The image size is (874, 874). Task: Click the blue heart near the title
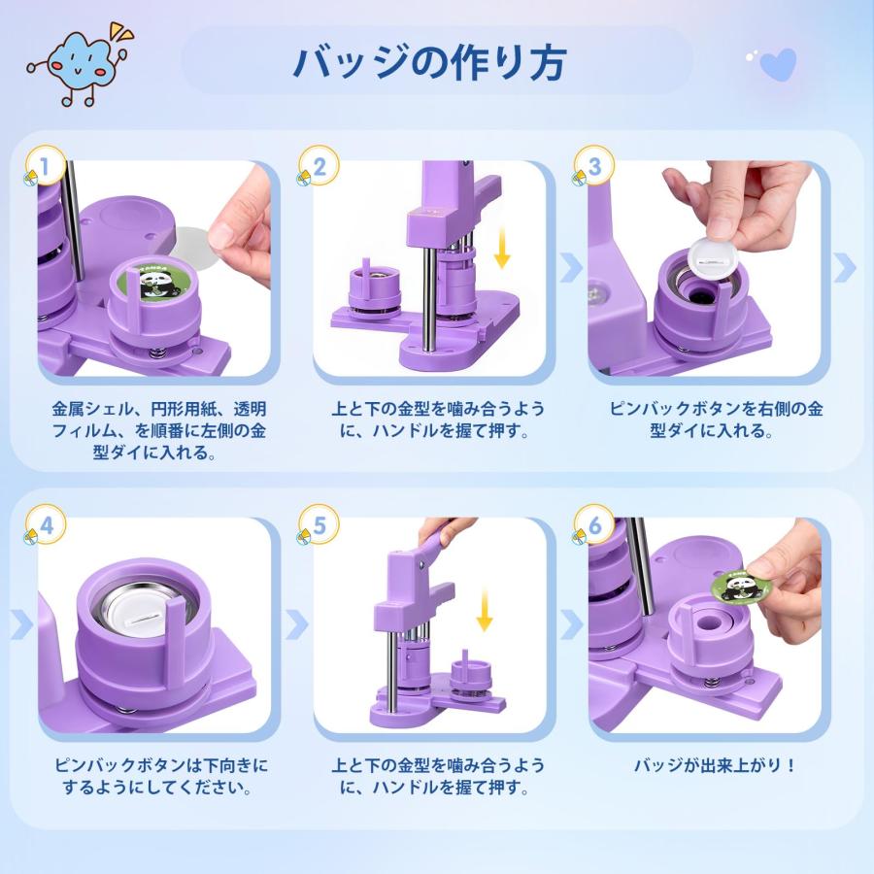tap(778, 65)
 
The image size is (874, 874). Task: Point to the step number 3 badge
tap(593, 164)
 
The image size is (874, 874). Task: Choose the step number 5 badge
tap(319, 524)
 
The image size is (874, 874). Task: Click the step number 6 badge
tap(593, 525)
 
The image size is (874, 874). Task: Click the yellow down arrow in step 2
tap(501, 248)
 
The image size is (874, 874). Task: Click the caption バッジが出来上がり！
tap(715, 765)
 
